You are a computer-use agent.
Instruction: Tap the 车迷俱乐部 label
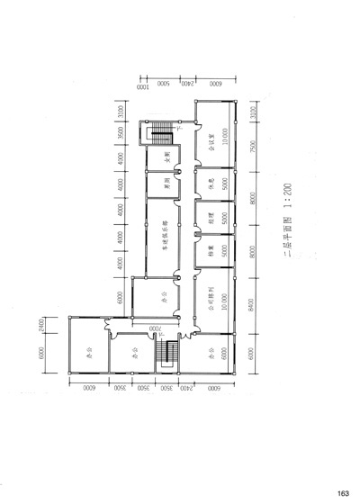tap(166, 243)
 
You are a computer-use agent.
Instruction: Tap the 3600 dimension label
tap(119, 135)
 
